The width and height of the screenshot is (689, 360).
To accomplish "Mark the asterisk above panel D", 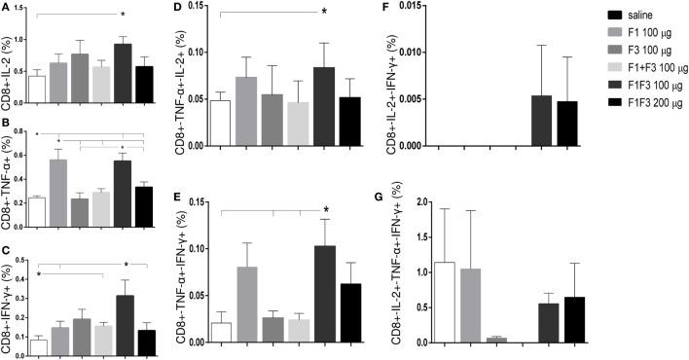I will point(324,11).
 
